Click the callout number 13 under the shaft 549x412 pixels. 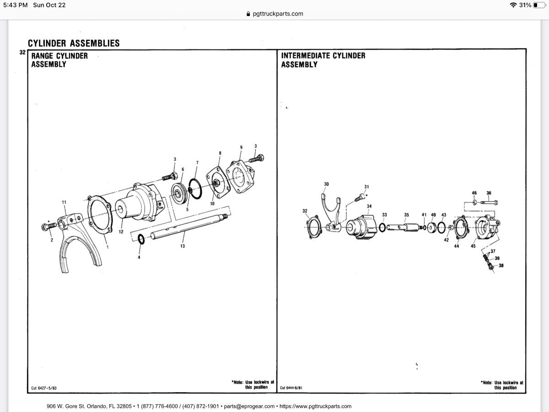pos(183,246)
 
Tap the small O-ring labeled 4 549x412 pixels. pos(141,239)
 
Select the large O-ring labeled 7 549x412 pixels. pos(194,189)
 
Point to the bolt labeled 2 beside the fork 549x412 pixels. pos(49,226)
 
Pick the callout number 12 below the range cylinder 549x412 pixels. pos(121,232)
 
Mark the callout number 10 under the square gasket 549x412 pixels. pos(212,204)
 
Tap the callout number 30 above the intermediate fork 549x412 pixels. pos(326,184)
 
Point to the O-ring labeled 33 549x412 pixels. pos(382,227)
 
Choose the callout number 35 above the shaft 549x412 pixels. pos(406,214)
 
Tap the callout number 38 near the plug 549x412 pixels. pos(501,266)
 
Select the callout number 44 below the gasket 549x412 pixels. pos(457,246)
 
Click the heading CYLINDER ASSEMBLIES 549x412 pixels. pos(74,43)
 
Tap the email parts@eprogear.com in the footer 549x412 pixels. pos(249,406)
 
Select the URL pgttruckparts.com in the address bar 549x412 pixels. pos(278,14)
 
